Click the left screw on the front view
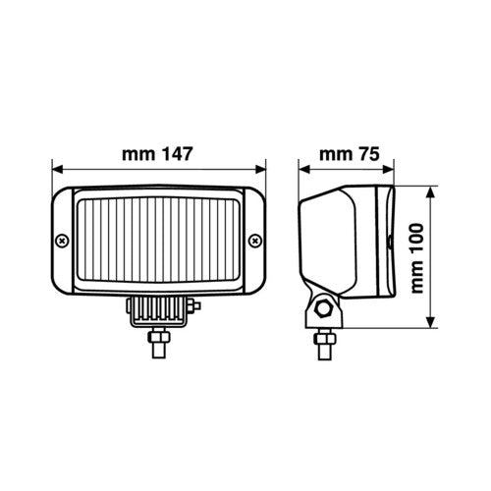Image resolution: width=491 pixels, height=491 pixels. coord(61,240)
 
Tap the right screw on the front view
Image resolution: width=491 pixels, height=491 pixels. coord(255,239)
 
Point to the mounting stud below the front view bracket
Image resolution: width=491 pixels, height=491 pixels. coord(158,345)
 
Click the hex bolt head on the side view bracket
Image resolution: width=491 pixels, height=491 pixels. coord(322,312)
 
